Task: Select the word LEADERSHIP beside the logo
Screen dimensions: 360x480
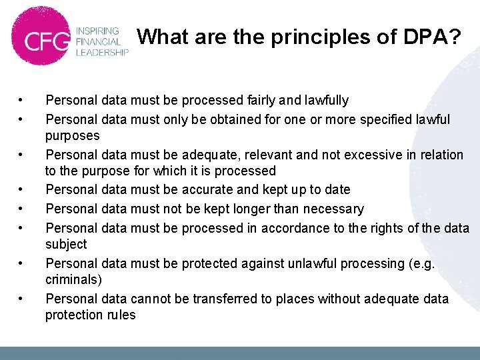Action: (x=101, y=53)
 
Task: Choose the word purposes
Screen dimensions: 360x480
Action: (x=73, y=136)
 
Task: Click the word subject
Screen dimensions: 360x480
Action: (x=66, y=245)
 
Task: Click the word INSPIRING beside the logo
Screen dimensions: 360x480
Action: (x=97, y=31)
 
